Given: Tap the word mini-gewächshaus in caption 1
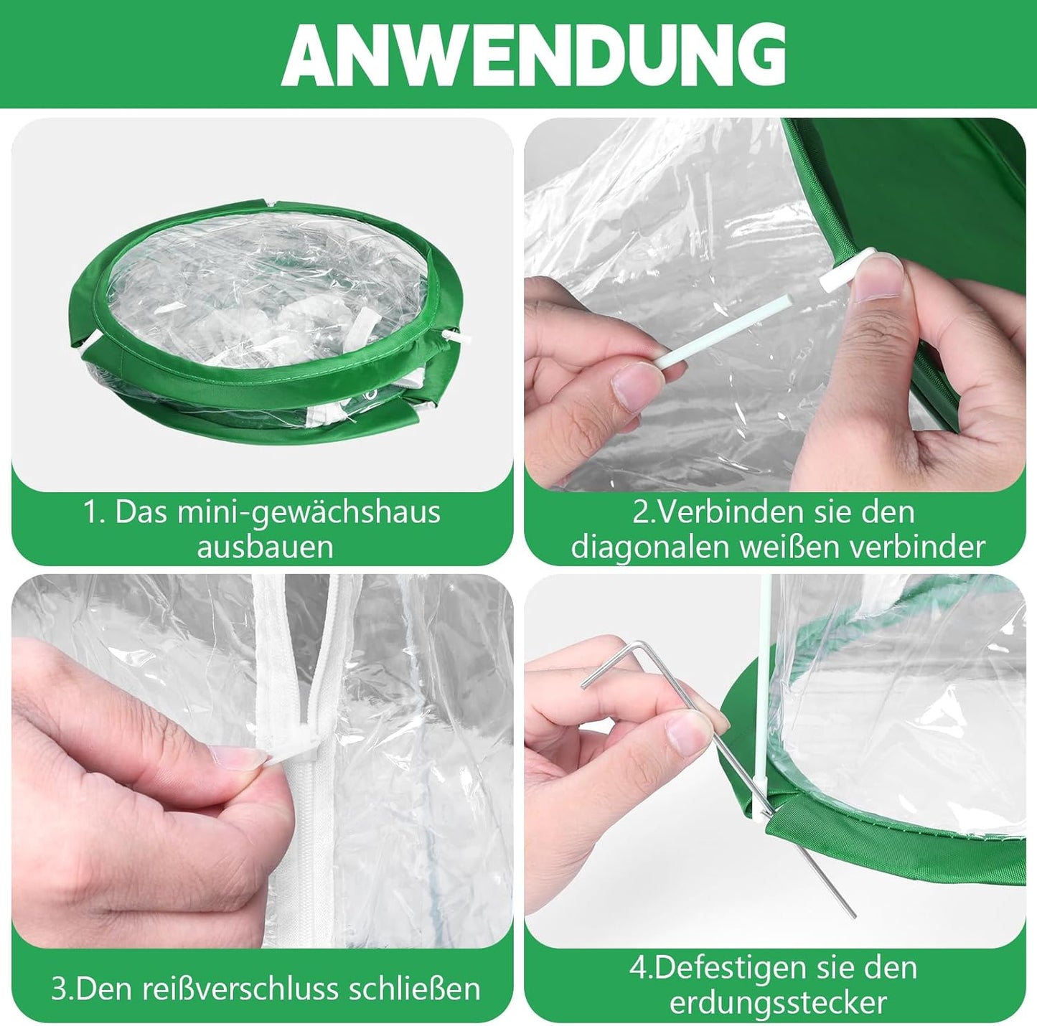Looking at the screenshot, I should coord(311,512).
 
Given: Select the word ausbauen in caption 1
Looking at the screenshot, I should coord(265,547).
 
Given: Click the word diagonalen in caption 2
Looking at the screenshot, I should coord(648,547).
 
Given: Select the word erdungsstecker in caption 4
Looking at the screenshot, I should coord(778,1002).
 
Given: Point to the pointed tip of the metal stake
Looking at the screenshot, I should coord(853,915).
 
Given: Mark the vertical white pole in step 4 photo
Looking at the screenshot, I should coord(764,682).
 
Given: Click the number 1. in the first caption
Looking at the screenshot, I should coord(93,512).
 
